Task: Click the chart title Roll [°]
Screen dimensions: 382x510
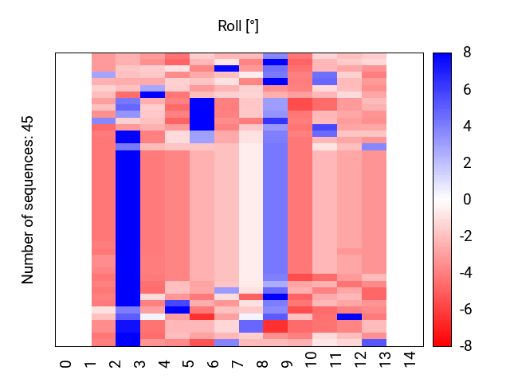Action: click(238, 26)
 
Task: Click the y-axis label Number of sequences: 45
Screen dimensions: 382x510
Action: click(28, 200)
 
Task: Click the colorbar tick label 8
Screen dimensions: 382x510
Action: click(467, 53)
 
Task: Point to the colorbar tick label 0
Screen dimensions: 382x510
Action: click(467, 200)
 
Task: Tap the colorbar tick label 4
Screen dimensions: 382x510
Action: click(467, 127)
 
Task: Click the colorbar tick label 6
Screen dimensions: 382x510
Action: click(467, 90)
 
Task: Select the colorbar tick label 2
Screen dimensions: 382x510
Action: click(467, 163)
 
